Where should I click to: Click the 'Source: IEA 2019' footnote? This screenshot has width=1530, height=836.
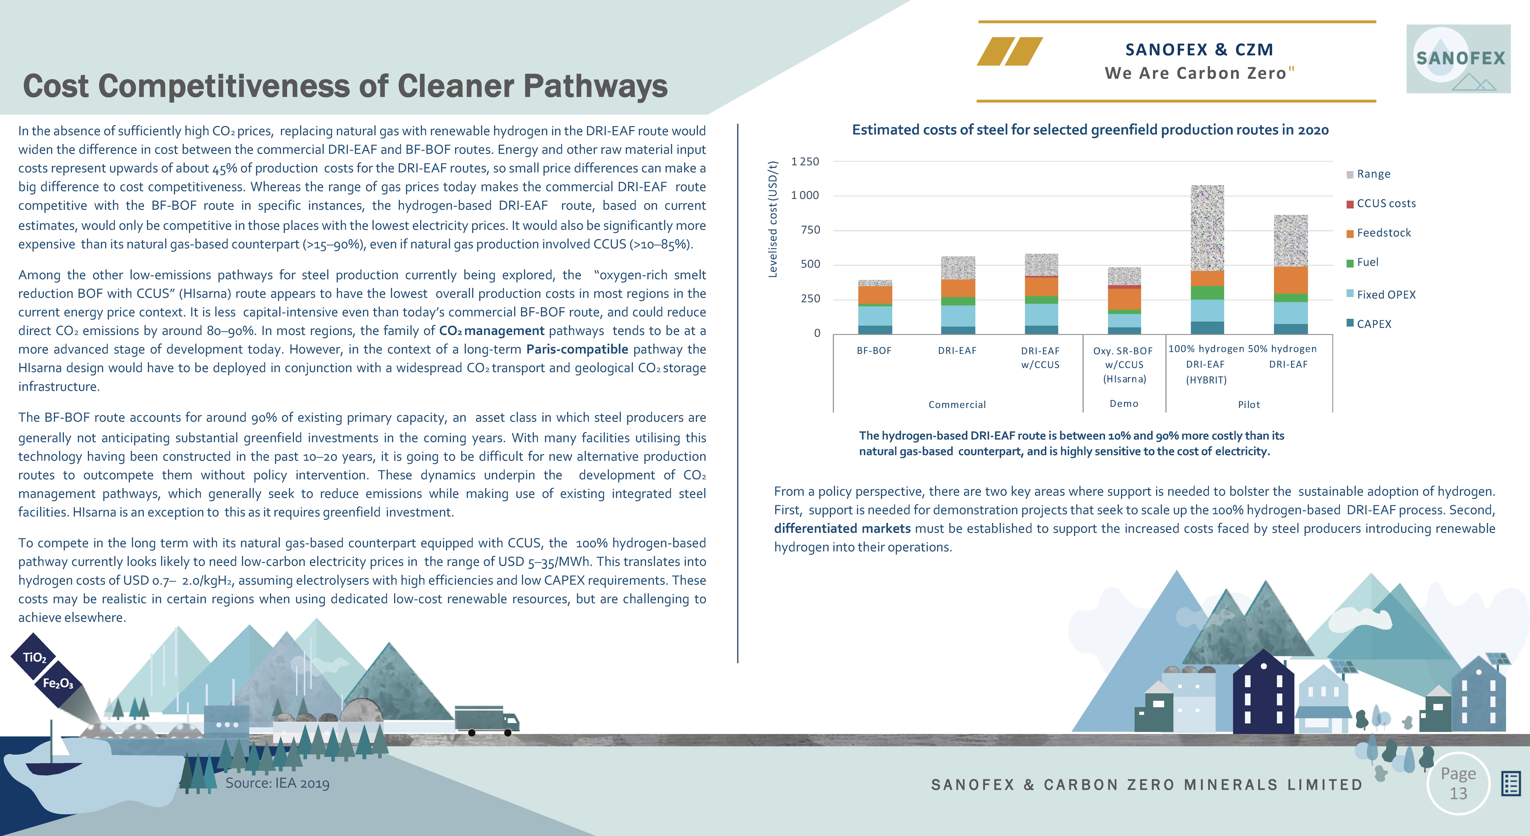[x=277, y=783]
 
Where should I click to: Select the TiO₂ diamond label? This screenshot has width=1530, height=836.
[x=34, y=657]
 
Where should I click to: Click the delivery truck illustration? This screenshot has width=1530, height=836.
[x=487, y=720]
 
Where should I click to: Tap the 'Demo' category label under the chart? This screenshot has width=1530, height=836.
[x=1124, y=404]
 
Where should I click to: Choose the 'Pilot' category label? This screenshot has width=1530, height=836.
[x=1248, y=404]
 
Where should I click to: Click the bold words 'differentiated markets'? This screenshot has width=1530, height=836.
[x=842, y=528]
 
